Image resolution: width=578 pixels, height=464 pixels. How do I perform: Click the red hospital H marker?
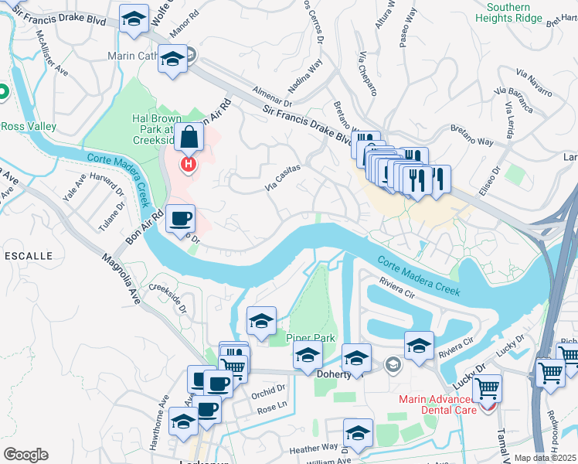(187, 165)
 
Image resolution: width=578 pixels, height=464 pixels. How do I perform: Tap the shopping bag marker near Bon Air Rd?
(189, 140)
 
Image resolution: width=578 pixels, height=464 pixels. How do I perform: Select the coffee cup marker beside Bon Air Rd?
(180, 218)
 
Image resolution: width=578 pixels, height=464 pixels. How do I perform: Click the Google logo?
(25, 455)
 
